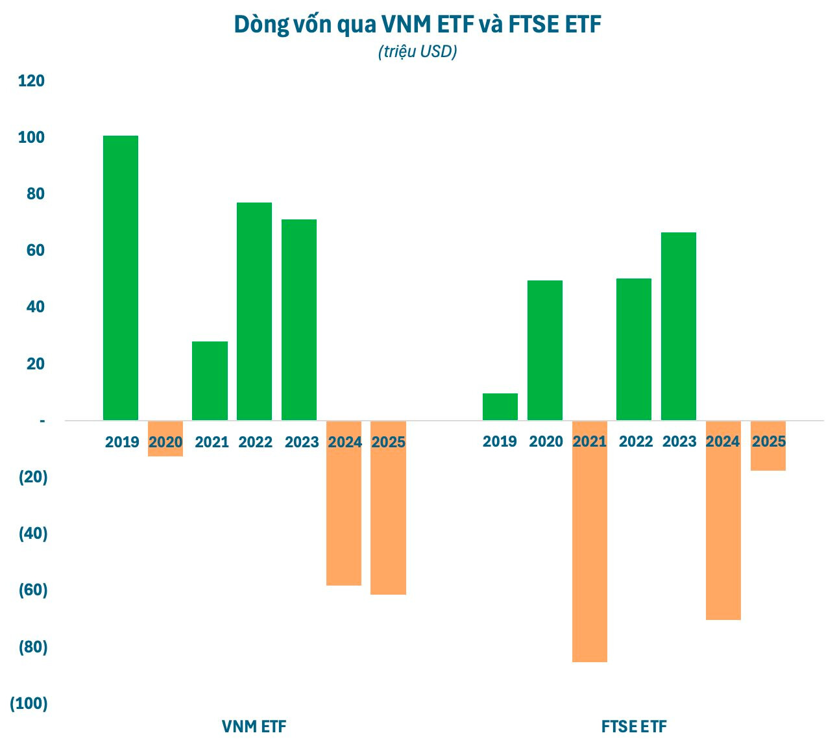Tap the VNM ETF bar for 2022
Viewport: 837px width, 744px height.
[x=254, y=312]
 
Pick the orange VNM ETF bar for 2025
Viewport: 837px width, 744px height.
[x=388, y=519]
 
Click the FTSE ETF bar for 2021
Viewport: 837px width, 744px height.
[x=590, y=552]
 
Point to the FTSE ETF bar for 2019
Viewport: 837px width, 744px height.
[x=500, y=407]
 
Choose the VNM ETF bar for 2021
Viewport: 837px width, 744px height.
[x=210, y=381]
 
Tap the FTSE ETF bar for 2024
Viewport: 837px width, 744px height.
[x=723, y=532]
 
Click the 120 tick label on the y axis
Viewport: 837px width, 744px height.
[x=31, y=81]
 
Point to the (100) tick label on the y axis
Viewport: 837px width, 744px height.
[x=29, y=704]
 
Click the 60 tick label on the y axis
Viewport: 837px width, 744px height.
[x=36, y=251]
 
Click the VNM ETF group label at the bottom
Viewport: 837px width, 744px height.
[x=254, y=726]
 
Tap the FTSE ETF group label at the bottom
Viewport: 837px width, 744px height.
[x=634, y=726]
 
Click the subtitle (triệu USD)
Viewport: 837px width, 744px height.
[x=418, y=52]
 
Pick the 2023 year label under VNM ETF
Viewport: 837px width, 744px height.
[x=302, y=443]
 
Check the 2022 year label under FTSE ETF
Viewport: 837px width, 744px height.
[x=636, y=442]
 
